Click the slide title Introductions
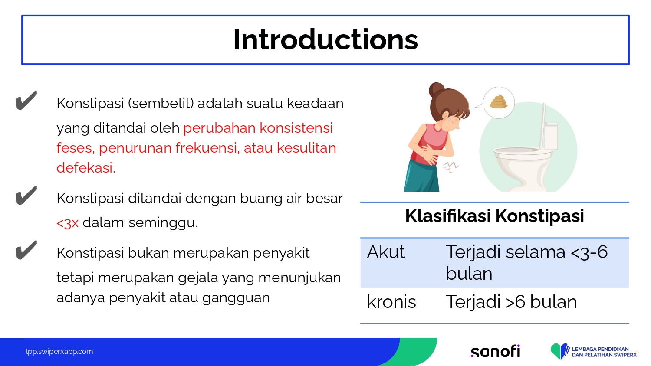point(325,39)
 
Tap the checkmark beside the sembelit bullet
point(26,101)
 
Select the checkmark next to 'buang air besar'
point(26,196)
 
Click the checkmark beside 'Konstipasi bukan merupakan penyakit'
point(26,250)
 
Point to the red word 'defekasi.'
point(86,167)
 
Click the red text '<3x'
point(67,223)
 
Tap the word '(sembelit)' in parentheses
point(161,103)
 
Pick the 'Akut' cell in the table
point(386,252)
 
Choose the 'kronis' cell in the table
point(391,302)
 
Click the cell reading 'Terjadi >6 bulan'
point(511,302)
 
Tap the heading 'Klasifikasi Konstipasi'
point(494,216)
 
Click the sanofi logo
point(495,351)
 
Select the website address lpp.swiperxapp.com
point(59,352)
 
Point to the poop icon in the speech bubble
point(498,101)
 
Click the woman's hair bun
point(436,89)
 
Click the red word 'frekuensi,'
point(207,148)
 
